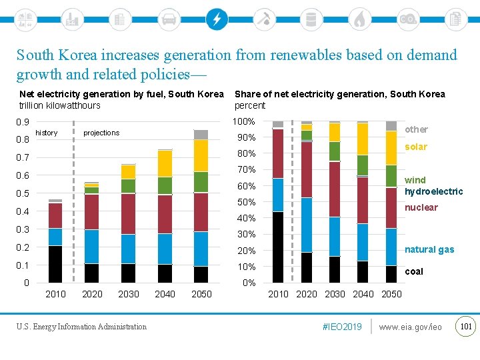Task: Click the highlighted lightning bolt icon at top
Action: (216, 19)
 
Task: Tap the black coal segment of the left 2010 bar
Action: (55, 264)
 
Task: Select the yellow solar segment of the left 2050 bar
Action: (201, 155)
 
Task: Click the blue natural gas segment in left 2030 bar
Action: (128, 249)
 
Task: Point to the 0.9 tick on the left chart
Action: (23, 122)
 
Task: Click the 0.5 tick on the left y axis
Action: (23, 193)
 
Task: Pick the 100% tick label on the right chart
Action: (244, 122)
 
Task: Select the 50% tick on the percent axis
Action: (247, 202)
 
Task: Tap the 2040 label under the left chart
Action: (165, 294)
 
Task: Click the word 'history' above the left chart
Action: (47, 133)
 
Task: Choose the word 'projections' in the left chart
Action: (101, 133)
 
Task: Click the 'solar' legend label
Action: (416, 147)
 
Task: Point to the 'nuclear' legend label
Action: (421, 207)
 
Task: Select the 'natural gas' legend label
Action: (429, 249)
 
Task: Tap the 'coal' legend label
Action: (414, 271)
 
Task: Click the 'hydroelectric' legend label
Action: (434, 191)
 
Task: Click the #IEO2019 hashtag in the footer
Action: (341, 327)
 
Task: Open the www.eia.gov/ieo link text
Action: (410, 327)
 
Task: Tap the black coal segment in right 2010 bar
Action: (278, 247)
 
